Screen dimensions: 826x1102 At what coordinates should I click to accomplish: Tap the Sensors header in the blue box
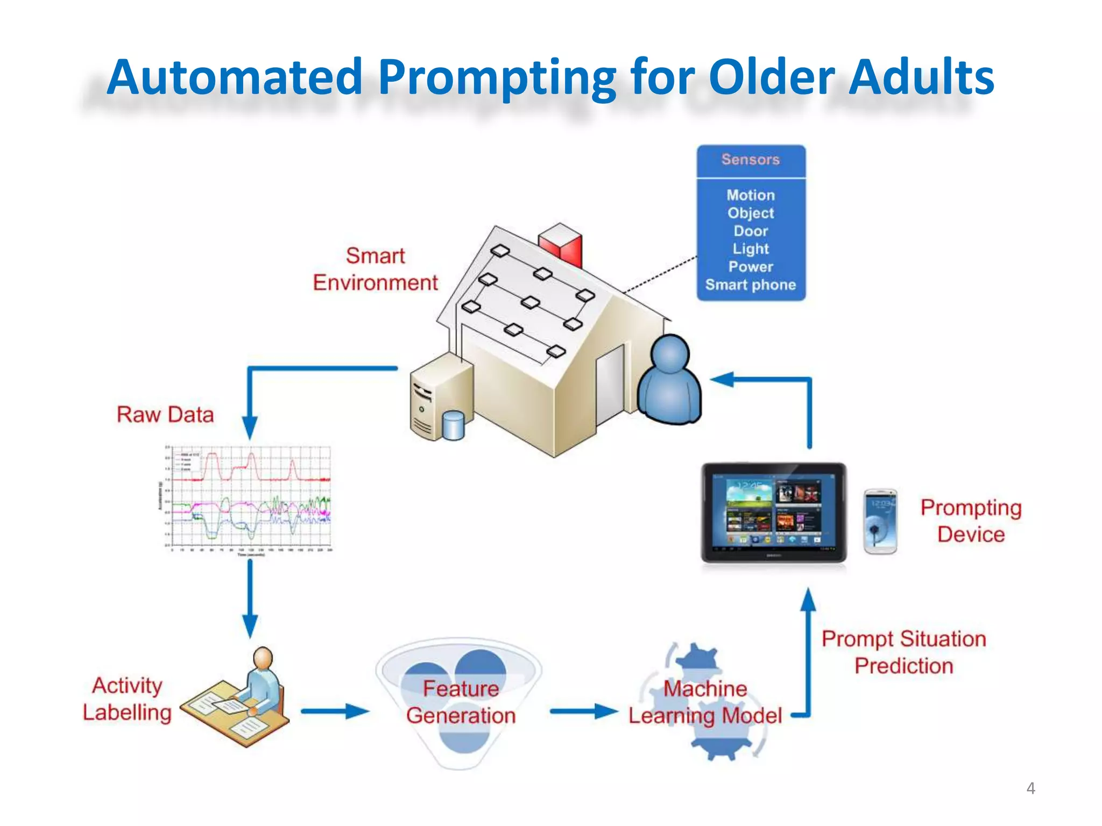(750, 160)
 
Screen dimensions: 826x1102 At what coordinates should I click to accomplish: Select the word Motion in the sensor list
(750, 195)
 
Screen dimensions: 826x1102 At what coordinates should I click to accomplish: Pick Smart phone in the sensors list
(750, 285)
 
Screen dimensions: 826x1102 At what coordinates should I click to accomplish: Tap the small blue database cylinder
(453, 426)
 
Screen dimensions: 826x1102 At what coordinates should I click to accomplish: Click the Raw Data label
(165, 415)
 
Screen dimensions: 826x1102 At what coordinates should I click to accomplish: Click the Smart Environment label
(375, 269)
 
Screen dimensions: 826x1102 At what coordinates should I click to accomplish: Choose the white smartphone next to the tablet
(880, 521)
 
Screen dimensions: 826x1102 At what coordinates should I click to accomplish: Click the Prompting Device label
(970, 521)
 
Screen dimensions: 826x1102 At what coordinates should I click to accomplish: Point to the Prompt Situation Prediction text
(903, 652)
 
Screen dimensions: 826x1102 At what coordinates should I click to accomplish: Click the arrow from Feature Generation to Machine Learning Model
(583, 711)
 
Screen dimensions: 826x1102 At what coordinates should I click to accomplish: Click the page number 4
(1030, 788)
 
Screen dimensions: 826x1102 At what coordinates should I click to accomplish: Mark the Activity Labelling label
(127, 699)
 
